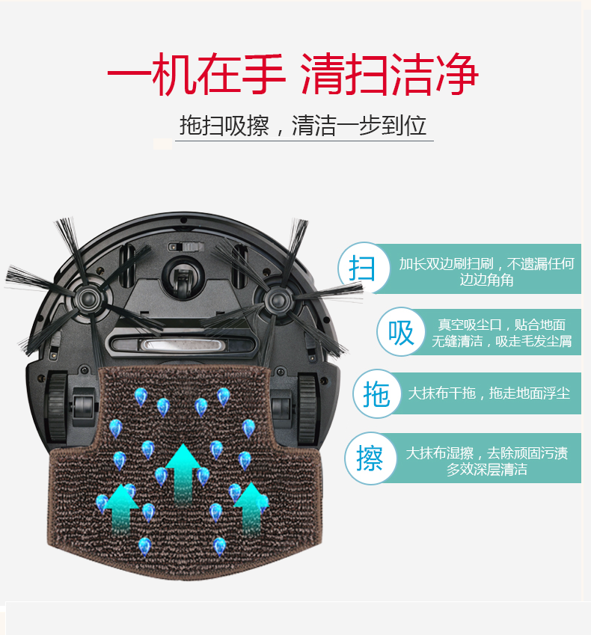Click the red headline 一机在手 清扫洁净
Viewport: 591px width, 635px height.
(x=293, y=74)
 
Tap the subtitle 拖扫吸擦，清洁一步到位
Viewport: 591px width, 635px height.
(x=303, y=126)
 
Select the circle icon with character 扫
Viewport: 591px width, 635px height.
(x=363, y=268)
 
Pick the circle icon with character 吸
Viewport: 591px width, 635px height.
(x=401, y=332)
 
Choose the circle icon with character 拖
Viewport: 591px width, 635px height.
(x=376, y=393)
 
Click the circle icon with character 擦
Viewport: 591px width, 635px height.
(x=370, y=458)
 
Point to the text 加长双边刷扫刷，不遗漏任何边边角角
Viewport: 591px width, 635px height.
(x=486, y=272)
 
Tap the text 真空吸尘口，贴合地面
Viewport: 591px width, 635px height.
(x=501, y=325)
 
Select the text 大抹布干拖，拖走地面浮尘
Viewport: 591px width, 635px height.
(x=489, y=393)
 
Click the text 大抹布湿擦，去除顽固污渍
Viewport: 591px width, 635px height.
(x=486, y=453)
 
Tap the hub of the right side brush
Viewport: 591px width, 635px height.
(x=278, y=301)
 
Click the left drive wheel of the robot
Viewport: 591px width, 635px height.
(x=57, y=407)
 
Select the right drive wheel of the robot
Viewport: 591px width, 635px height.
(x=308, y=409)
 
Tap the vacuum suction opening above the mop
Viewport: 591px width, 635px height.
(x=182, y=346)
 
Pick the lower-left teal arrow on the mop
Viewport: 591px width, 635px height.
(x=120, y=509)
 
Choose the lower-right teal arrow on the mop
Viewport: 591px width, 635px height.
(x=251, y=508)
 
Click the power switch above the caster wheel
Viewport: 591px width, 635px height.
(x=186, y=247)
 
